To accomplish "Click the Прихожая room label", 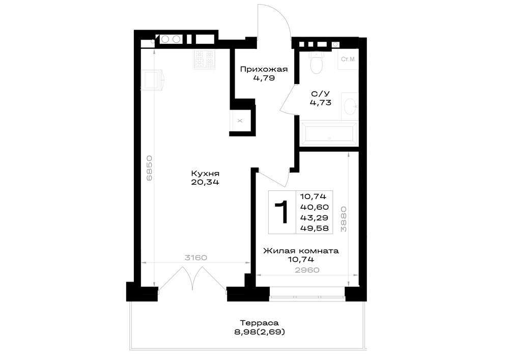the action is coord(264,69).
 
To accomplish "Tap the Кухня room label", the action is coord(205,173).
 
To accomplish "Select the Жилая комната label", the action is coord(301,251).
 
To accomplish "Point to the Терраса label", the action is coord(260,323).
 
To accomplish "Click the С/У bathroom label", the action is coord(320,94).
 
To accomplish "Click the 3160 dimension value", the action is coord(196,258).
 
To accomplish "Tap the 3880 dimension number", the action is coord(344,219).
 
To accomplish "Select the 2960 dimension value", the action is coord(307,270).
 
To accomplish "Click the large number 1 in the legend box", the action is coord(282,212).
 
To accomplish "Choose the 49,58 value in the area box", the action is coord(314,228).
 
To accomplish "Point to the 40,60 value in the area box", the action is coord(314,207).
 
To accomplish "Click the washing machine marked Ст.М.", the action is coord(348,59).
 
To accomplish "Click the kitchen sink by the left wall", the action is coord(152,80).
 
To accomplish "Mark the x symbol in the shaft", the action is coord(240,121).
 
